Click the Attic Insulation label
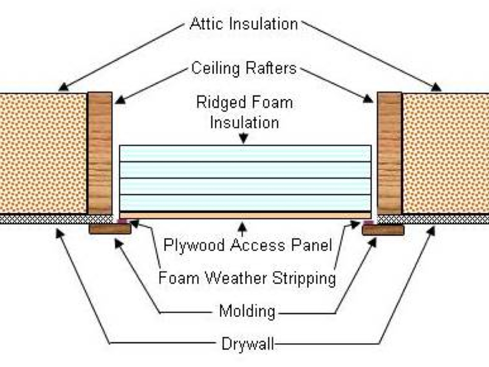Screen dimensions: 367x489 point(244,24)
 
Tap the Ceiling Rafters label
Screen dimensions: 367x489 point(244,68)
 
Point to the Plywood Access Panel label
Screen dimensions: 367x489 point(248,245)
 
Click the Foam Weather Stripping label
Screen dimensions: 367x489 point(247,279)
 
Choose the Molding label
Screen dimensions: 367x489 point(247,312)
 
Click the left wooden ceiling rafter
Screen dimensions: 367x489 point(100,153)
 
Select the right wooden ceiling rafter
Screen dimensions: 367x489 point(390,153)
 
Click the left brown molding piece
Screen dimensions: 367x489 point(110,229)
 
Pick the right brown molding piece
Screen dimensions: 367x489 point(383,230)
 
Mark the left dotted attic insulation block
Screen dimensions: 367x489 point(43,153)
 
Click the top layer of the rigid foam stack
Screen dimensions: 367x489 point(245,153)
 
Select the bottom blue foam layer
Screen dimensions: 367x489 point(245,203)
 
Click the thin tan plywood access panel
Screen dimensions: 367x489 point(245,215)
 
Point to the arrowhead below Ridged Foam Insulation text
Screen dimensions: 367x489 point(244,140)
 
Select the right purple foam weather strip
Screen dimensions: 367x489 point(368,222)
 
